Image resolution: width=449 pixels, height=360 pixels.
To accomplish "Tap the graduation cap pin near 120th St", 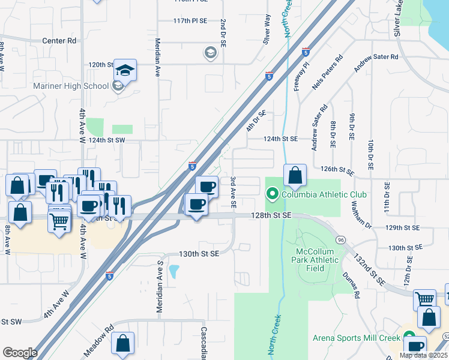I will tap(126, 71).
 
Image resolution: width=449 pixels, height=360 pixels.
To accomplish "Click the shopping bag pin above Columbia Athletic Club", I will tap(295, 176).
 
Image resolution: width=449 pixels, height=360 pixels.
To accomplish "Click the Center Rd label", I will tap(59, 41).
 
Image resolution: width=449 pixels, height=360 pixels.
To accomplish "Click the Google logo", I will tap(20, 353).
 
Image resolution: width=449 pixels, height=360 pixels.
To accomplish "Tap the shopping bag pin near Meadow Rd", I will tap(122, 344).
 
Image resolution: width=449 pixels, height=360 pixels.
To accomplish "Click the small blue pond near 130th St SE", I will tap(174, 272).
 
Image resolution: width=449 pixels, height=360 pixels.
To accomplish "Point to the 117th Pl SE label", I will tap(190, 20).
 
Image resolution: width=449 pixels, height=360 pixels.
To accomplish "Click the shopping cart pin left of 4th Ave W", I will tap(59, 221).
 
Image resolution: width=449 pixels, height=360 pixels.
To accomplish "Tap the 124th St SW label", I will tap(106, 139).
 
